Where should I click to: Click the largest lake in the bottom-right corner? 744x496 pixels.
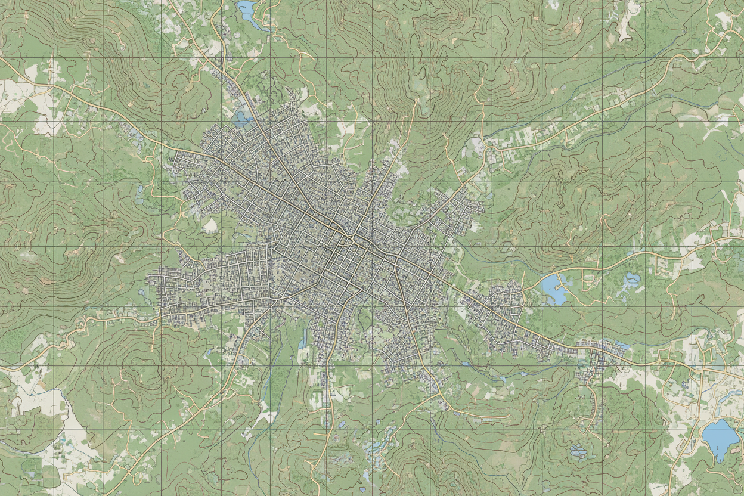[720, 438]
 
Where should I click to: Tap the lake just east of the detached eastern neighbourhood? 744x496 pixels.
[554, 289]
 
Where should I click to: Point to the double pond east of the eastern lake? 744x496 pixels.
[631, 279]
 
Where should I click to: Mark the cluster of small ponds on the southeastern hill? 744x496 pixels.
[577, 451]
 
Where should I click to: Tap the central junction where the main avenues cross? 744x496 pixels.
[352, 237]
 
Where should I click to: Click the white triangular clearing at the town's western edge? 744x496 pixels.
[210, 225]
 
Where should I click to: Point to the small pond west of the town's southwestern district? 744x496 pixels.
[141, 292]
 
